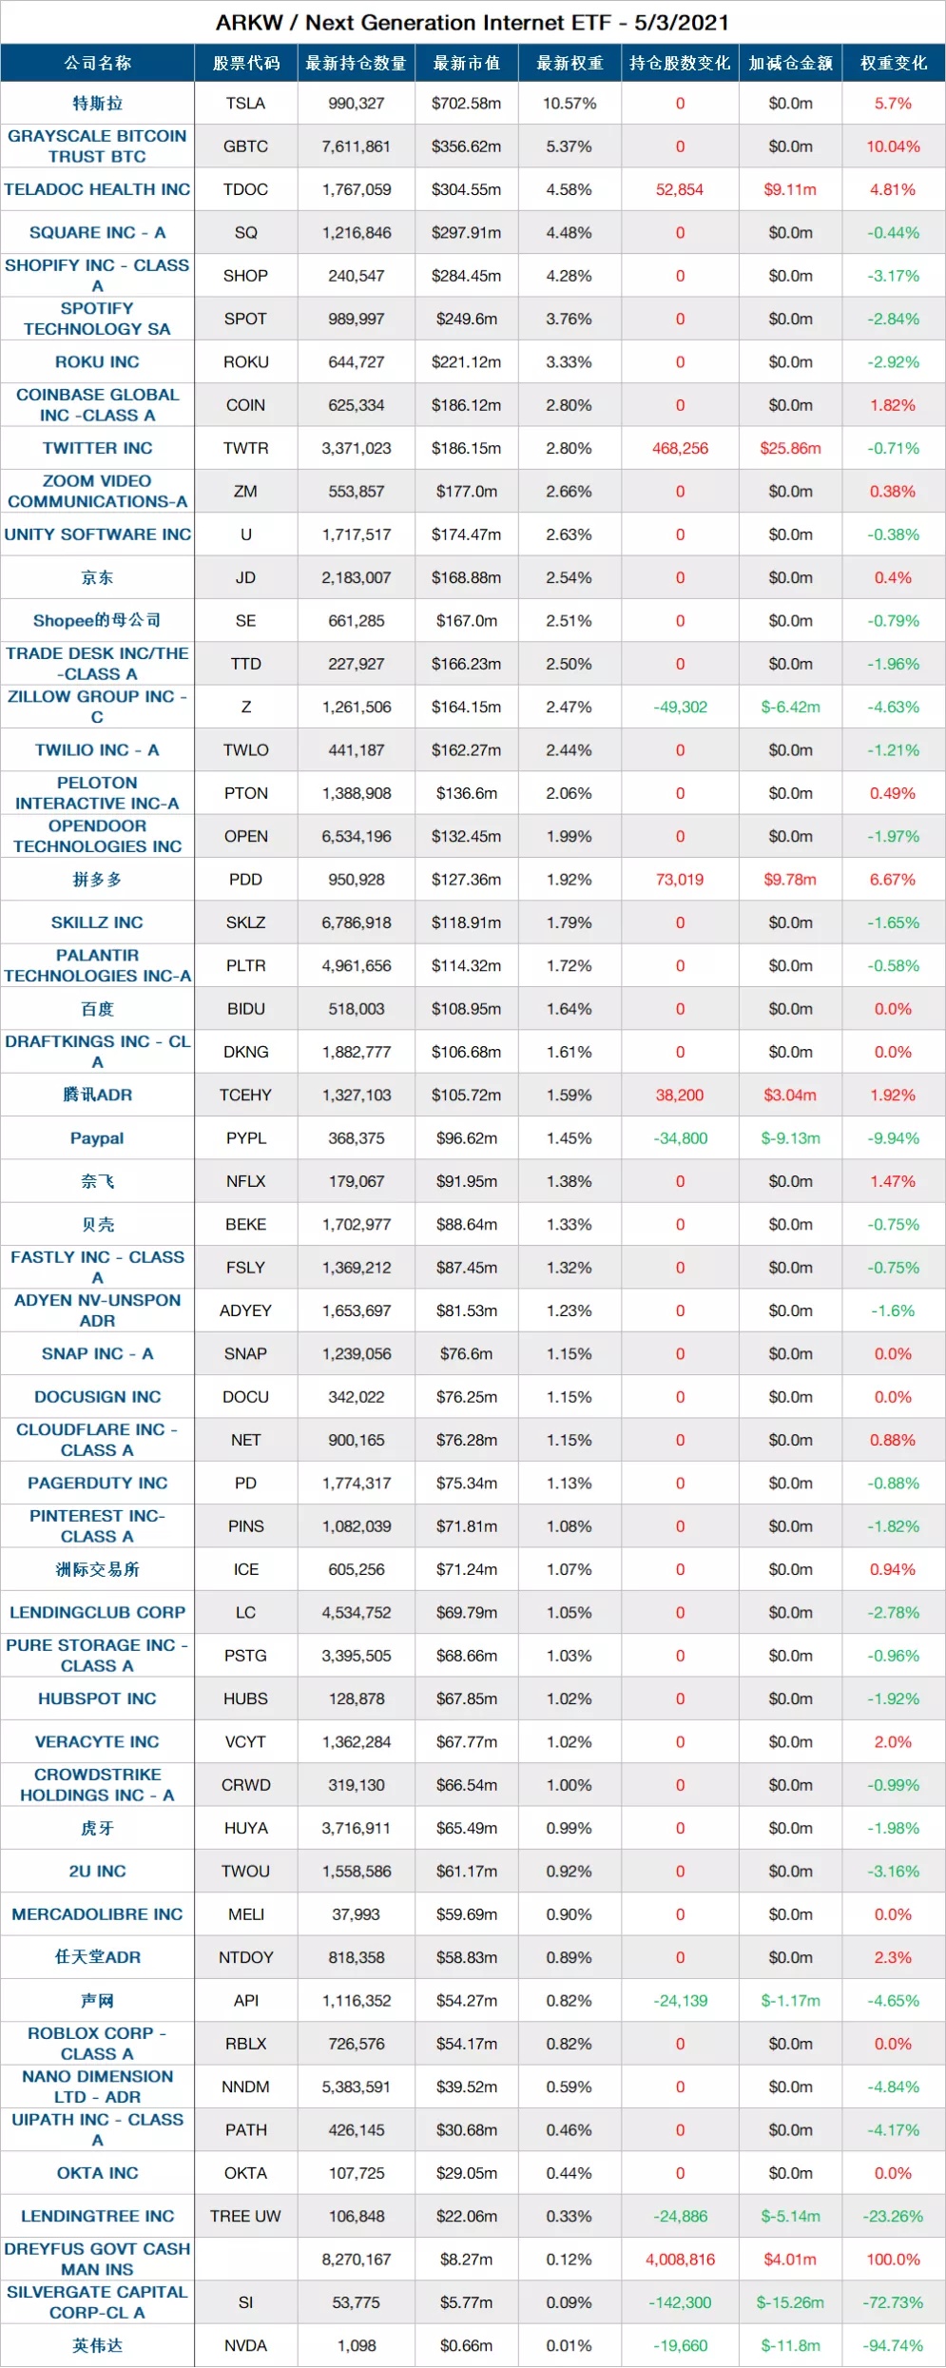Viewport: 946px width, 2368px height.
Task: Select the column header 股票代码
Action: [246, 64]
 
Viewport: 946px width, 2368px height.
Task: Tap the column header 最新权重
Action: [570, 64]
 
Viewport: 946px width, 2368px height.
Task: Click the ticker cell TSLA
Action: [246, 104]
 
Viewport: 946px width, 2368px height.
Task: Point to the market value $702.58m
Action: [466, 104]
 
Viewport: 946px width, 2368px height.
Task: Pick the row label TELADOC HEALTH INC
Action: [97, 189]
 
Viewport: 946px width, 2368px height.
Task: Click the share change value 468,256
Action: [680, 449]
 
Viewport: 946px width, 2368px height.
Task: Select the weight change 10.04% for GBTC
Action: [893, 146]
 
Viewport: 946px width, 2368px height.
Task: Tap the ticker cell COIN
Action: [246, 405]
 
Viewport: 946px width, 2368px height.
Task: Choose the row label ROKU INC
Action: [97, 362]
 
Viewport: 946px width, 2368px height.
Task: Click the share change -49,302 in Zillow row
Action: [680, 708]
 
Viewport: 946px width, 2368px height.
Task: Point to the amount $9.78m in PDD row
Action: [790, 880]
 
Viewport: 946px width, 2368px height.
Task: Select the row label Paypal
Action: [97, 1138]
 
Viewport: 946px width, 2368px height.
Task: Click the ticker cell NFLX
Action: [246, 1181]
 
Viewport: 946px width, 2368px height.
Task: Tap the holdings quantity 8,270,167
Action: [357, 2260]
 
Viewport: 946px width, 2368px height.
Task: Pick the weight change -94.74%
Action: [893, 2345]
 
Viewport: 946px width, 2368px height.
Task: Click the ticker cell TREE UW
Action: [246, 2216]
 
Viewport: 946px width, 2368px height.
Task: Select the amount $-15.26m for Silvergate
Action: [790, 2302]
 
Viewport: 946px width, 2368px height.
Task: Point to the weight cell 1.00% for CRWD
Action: [570, 1785]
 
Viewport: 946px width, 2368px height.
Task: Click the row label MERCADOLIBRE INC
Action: [97, 1914]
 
